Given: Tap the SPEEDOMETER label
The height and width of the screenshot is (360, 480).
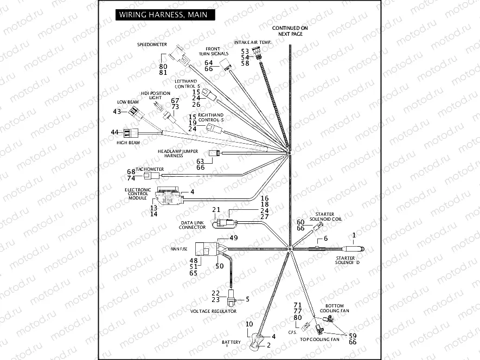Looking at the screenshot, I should [x=152, y=44].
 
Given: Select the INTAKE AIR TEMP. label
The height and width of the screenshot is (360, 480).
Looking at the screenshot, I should [x=253, y=42].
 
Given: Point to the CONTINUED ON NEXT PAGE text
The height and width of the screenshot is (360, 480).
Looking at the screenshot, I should [x=290, y=30].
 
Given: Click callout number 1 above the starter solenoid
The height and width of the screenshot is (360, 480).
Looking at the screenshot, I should [x=354, y=235].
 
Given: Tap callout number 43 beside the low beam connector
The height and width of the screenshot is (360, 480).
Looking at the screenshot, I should [x=116, y=112].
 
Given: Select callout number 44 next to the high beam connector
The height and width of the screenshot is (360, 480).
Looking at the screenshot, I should [x=114, y=132].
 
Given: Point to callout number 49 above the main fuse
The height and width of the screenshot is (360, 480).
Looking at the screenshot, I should [x=234, y=238].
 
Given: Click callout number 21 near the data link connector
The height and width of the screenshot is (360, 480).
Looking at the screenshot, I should [x=216, y=210].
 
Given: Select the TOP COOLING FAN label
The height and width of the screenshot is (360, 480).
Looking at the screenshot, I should [x=319, y=339].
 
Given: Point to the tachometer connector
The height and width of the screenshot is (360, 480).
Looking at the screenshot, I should [x=156, y=176].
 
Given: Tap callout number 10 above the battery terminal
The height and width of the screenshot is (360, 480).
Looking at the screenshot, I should [x=249, y=324].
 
